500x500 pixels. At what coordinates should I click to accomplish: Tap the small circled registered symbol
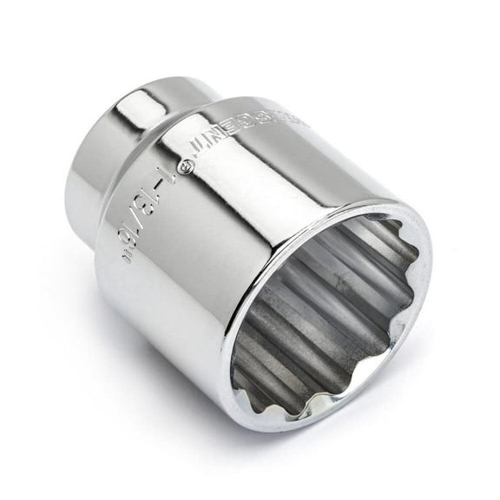(x=181, y=162)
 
